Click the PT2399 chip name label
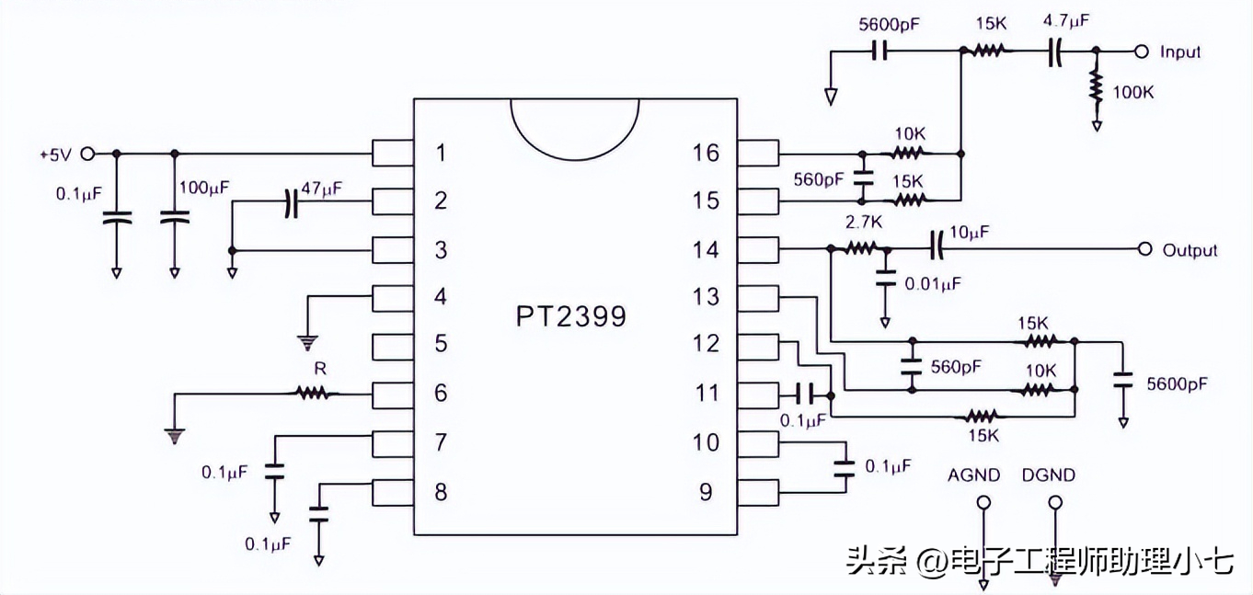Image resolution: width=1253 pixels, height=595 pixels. click(570, 316)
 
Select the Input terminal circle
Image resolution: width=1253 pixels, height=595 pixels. click(1142, 51)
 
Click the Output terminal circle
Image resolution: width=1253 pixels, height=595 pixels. click(1144, 249)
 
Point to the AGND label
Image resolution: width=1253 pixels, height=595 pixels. click(974, 475)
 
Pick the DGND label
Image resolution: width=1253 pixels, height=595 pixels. click(1048, 475)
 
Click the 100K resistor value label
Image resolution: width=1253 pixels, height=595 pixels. click(1133, 92)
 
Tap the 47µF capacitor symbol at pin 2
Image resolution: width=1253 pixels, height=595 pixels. click(292, 202)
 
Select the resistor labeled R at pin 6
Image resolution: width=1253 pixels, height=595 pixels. click(312, 394)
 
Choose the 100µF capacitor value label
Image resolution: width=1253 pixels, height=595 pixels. click(204, 188)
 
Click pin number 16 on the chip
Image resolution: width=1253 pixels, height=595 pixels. click(706, 153)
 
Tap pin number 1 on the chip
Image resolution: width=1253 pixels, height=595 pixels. click(441, 153)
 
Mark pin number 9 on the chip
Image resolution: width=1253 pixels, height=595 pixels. click(706, 492)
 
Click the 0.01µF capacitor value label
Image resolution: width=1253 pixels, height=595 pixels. click(932, 283)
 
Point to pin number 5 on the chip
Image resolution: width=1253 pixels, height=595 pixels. click(441, 344)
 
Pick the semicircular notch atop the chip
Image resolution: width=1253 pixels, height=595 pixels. click(575, 124)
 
